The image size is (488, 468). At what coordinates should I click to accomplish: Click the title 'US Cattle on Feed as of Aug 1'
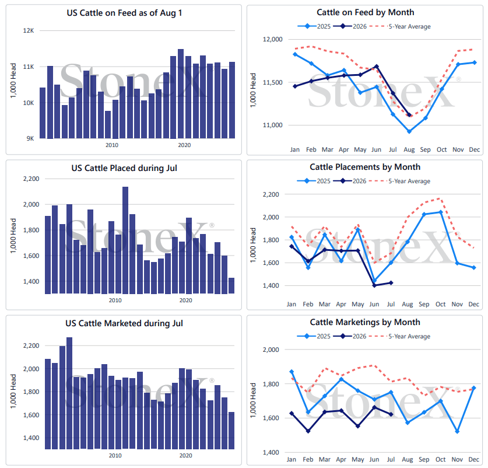click(124, 13)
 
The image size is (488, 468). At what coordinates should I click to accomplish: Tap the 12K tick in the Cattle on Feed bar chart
click(29, 30)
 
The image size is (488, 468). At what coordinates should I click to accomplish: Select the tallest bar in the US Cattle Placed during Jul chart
click(125, 240)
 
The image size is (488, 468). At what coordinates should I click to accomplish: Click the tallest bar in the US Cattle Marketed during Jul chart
click(69, 393)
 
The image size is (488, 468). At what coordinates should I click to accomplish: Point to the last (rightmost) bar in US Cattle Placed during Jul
click(231, 285)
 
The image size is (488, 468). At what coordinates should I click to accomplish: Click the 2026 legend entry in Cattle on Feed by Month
click(350, 26)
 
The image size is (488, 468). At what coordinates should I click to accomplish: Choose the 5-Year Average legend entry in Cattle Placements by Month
click(399, 181)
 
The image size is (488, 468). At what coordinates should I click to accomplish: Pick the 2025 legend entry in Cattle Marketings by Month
click(314, 336)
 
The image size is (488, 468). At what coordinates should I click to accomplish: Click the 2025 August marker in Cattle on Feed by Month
click(409, 131)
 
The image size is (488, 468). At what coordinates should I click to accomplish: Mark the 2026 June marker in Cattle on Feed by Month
click(377, 67)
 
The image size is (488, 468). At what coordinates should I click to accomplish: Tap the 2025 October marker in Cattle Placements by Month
click(440, 212)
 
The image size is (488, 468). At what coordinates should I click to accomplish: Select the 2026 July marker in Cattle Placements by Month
click(391, 283)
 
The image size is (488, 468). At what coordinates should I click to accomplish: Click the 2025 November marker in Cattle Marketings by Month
click(457, 432)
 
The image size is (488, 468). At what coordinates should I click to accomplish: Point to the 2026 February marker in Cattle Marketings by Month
click(308, 431)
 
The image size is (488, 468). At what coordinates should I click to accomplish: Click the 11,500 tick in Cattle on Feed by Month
click(273, 82)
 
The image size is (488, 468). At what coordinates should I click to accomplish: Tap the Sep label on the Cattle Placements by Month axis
click(424, 304)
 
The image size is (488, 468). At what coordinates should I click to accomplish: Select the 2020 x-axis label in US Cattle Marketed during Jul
click(186, 456)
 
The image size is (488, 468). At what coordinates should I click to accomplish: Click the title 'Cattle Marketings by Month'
click(365, 322)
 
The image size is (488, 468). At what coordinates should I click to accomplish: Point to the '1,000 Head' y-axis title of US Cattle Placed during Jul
click(13, 236)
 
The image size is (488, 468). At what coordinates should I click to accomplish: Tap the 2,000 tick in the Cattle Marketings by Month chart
click(271, 350)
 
